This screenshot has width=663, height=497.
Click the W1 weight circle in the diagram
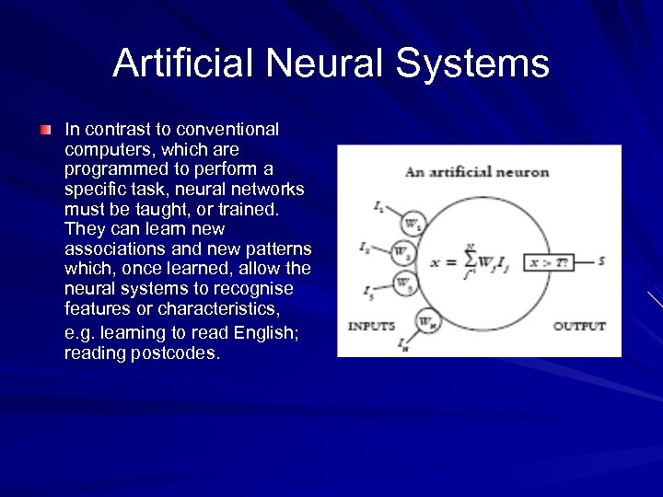click(x=411, y=223)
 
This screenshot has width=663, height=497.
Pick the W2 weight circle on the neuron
click(x=401, y=250)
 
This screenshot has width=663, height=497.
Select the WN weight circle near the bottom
click(x=425, y=321)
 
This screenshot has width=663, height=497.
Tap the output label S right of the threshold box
click(x=601, y=261)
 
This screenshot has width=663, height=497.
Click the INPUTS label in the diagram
click(x=371, y=326)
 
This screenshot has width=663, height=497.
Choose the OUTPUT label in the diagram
click(x=579, y=326)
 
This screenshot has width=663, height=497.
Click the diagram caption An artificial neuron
click(x=477, y=171)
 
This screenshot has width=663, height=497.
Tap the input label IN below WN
click(x=402, y=345)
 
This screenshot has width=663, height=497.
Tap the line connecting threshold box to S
click(x=583, y=262)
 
